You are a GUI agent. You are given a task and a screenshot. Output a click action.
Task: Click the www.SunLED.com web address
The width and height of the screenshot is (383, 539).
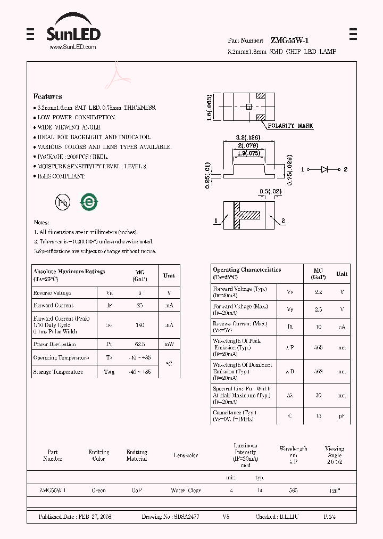point(73,47)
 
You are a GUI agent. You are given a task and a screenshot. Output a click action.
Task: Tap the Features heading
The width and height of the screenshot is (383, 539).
point(48,96)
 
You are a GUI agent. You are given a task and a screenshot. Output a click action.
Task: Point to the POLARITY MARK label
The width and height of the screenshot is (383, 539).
point(290,126)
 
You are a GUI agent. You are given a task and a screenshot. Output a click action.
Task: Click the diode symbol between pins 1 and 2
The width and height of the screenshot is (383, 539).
point(324,169)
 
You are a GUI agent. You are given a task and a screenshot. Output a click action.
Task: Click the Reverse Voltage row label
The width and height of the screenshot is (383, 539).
point(52,293)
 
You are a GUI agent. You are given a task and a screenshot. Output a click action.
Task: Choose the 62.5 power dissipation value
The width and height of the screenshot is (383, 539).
point(140,344)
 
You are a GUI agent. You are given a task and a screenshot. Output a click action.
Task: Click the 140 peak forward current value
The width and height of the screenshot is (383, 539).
point(140,324)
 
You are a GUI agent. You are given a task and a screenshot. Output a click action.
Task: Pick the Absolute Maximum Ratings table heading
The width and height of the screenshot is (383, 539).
point(69,272)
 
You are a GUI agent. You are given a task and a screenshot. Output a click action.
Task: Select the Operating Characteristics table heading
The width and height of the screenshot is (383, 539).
point(247,270)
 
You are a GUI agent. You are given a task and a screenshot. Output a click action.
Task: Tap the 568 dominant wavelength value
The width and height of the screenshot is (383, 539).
point(318,371)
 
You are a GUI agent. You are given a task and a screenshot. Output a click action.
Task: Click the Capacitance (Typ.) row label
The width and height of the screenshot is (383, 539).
point(235,413)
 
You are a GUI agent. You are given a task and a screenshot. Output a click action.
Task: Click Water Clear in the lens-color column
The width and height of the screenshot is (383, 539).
point(186,491)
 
